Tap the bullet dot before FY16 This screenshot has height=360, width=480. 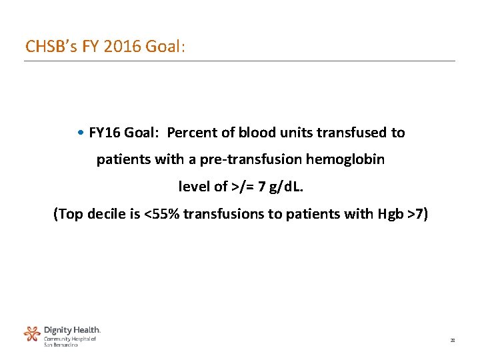pos(81,133)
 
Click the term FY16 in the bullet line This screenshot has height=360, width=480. pos(103,133)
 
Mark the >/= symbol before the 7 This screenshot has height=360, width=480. pos(242,187)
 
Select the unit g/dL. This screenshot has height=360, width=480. pos(285,187)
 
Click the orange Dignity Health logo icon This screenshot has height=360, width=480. pos(32,333)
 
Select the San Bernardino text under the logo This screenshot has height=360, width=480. pos(61,345)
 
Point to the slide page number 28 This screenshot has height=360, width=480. pos(452,341)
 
